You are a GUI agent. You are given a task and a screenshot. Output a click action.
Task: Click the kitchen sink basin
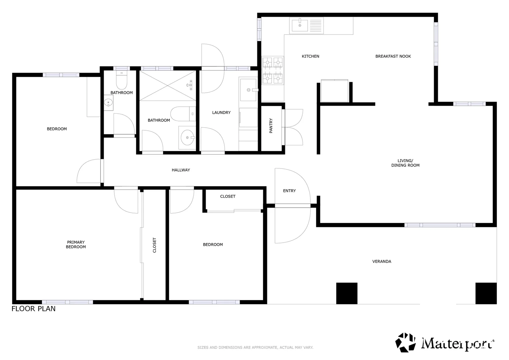pyautogui.click(x=300, y=25)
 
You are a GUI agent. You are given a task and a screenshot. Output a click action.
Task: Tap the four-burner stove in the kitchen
pyautogui.click(x=273, y=70)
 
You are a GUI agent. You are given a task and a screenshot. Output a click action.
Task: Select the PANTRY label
pyautogui.click(x=271, y=126)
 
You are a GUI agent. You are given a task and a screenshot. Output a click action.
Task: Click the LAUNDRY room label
pyautogui.click(x=221, y=113)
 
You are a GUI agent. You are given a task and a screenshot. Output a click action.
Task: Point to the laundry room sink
pyautogui.click(x=248, y=90)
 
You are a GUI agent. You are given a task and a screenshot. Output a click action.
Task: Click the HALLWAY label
pyautogui.click(x=181, y=170)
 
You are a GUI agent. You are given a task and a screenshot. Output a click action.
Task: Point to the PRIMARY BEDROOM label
pyautogui.click(x=76, y=245)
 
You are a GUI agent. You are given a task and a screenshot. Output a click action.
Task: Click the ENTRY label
pyautogui.click(x=289, y=191)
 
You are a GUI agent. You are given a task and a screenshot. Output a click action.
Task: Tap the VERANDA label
pyautogui.click(x=382, y=261)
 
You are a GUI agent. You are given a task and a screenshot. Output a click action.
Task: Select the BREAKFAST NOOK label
pyautogui.click(x=393, y=56)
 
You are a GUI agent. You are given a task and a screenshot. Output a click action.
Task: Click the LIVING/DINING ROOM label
pyautogui.click(x=405, y=163)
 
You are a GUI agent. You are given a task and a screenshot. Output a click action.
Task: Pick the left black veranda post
pyautogui.click(x=347, y=293)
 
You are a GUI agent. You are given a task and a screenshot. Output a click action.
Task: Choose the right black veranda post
pyautogui.click(x=486, y=293)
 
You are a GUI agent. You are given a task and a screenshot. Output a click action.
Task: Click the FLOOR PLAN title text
pyautogui.click(x=34, y=309)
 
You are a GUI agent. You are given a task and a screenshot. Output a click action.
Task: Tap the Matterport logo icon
pyautogui.click(x=405, y=342)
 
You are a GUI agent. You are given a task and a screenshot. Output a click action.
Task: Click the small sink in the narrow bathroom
pyautogui.click(x=108, y=103)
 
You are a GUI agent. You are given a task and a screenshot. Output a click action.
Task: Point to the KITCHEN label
pyautogui.click(x=310, y=56)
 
